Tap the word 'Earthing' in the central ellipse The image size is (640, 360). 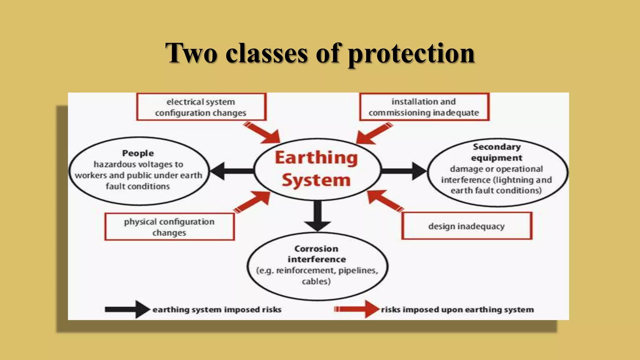[x=316, y=158]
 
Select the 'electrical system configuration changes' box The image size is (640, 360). [x=201, y=107]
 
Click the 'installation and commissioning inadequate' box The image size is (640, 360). [x=424, y=107]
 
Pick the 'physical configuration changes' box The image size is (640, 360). [x=169, y=227]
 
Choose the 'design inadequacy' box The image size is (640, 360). [x=467, y=226]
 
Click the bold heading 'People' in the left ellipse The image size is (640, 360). [x=138, y=153]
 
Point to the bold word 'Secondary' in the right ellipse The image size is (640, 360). [x=497, y=147]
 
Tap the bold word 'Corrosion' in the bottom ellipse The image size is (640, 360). [x=316, y=249]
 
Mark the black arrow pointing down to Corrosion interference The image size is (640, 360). [x=317, y=216]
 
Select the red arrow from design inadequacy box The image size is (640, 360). [x=384, y=201]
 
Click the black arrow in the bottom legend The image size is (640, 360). [x=127, y=309]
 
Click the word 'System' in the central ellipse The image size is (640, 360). [x=316, y=180]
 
